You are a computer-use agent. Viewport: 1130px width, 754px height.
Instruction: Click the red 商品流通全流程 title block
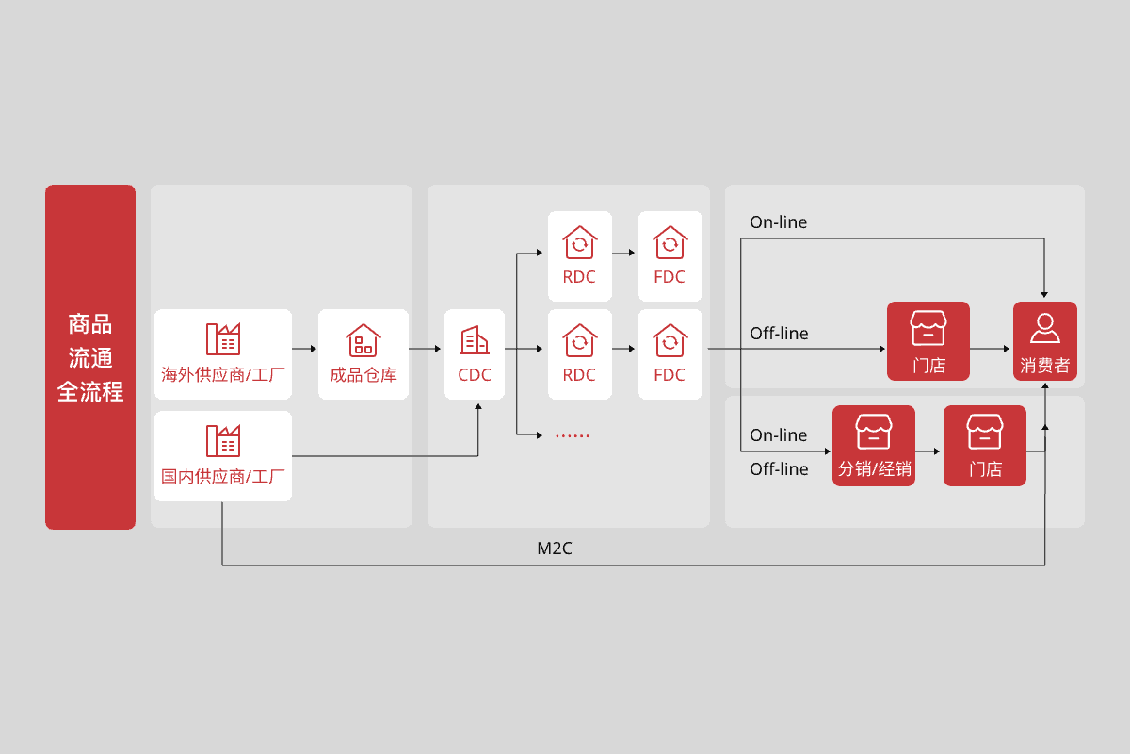click(x=90, y=356)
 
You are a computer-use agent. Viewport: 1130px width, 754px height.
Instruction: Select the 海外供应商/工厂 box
click(x=223, y=353)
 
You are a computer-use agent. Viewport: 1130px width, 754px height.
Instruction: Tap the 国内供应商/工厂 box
click(x=223, y=455)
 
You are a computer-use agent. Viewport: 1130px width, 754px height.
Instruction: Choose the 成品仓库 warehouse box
click(x=363, y=353)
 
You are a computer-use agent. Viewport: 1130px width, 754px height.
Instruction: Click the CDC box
click(x=475, y=353)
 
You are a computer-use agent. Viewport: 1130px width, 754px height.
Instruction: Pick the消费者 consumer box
click(x=1044, y=341)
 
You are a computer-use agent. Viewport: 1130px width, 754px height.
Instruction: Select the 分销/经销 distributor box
click(x=874, y=446)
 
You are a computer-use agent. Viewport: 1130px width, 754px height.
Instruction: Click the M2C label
click(x=555, y=549)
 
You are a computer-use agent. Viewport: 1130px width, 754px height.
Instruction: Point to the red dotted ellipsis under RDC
click(x=572, y=435)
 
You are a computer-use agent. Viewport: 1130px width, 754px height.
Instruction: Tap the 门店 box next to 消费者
click(x=928, y=341)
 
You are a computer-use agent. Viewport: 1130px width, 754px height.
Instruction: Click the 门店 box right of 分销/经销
click(x=985, y=446)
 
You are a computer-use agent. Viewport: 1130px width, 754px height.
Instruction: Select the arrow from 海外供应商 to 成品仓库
click(x=304, y=349)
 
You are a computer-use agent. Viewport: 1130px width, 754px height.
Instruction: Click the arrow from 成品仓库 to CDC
click(x=426, y=349)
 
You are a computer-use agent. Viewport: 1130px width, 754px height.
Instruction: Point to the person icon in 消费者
click(x=1044, y=328)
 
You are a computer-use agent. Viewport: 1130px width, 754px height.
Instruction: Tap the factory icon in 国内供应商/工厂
click(x=223, y=440)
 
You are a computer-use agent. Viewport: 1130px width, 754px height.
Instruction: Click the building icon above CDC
click(x=475, y=339)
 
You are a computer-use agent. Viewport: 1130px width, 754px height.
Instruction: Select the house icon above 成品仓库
click(x=363, y=339)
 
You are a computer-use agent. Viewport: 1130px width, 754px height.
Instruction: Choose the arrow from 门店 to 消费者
click(x=991, y=349)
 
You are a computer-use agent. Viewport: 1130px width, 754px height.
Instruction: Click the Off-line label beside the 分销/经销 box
click(x=779, y=469)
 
